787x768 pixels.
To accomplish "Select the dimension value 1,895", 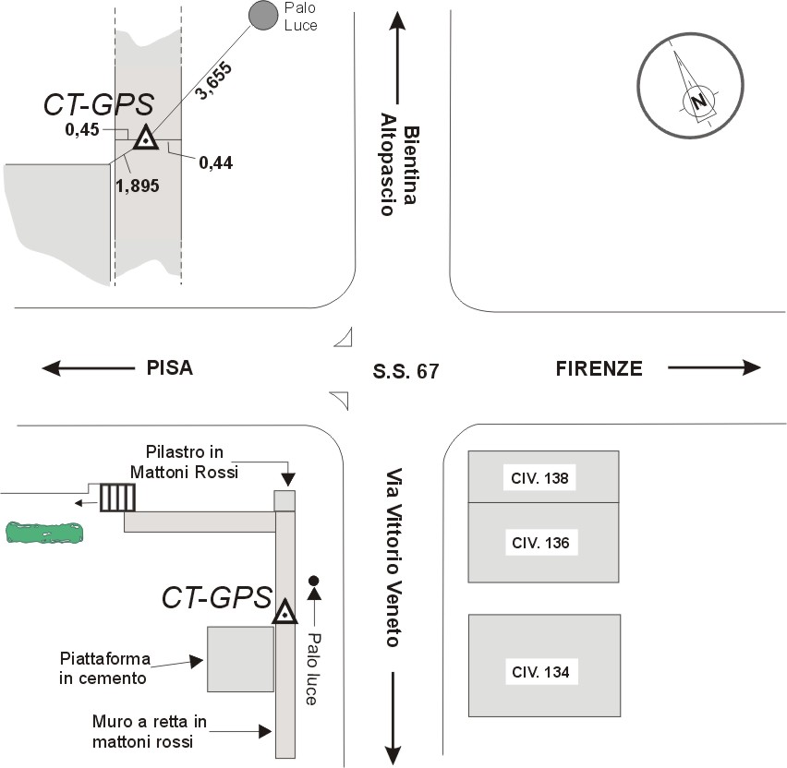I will point(138,185).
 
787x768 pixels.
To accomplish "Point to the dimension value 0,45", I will point(81,130).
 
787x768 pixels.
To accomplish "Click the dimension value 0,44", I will point(214,163).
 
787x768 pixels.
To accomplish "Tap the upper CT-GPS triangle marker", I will point(145,138).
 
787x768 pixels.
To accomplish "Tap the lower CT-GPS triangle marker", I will point(285,612).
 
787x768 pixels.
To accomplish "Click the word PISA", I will point(169,368).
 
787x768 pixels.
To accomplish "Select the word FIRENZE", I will point(599,368).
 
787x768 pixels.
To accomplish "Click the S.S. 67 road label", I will point(406,372).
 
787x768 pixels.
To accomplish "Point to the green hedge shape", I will point(44,532).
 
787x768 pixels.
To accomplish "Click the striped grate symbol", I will point(117,497).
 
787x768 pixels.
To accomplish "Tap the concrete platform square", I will point(240,658).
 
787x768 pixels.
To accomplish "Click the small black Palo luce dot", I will point(314,581).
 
